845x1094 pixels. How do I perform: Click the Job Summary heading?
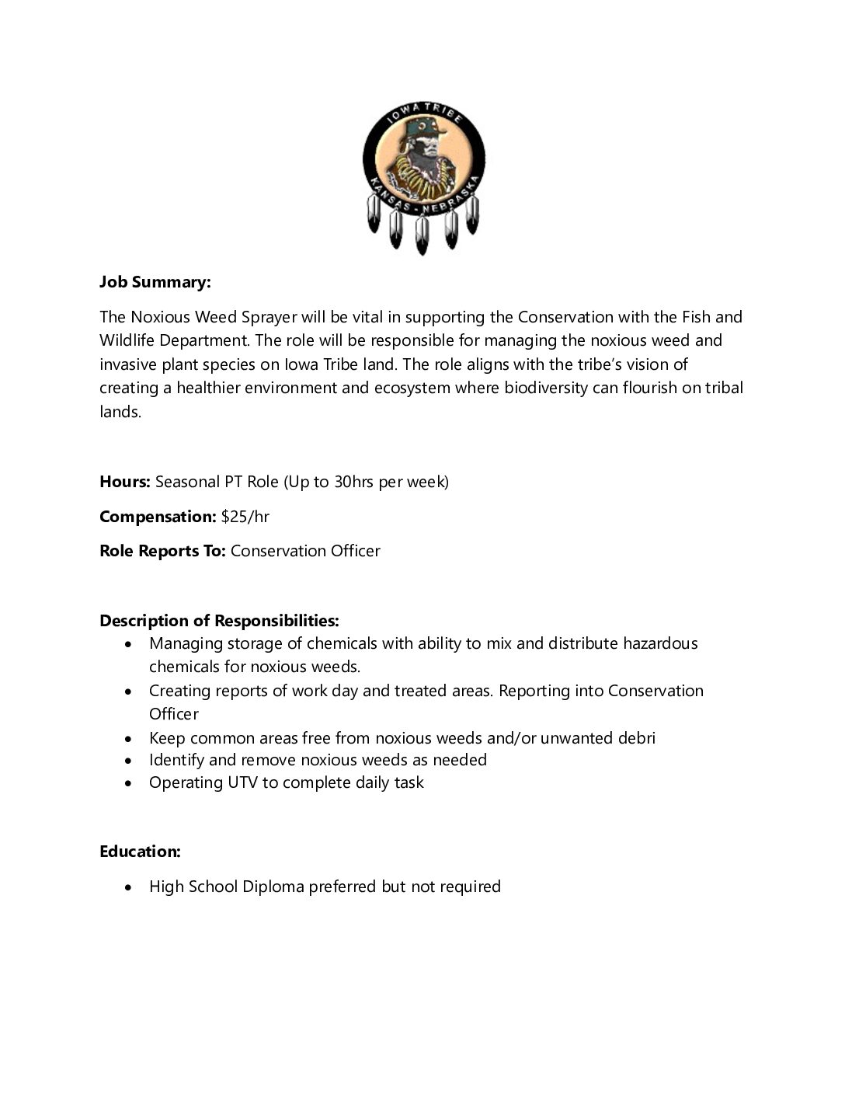coord(155,282)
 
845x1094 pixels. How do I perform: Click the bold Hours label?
coord(124,482)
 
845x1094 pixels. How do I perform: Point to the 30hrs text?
coord(353,482)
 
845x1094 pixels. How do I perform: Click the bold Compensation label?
coord(158,517)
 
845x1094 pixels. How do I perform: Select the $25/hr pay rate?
coord(245,517)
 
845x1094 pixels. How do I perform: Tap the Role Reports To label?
coord(162,551)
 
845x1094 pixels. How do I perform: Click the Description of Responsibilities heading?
coord(219,621)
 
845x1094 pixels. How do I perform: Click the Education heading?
coord(140,852)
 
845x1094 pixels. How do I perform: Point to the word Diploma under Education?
coord(273,887)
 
